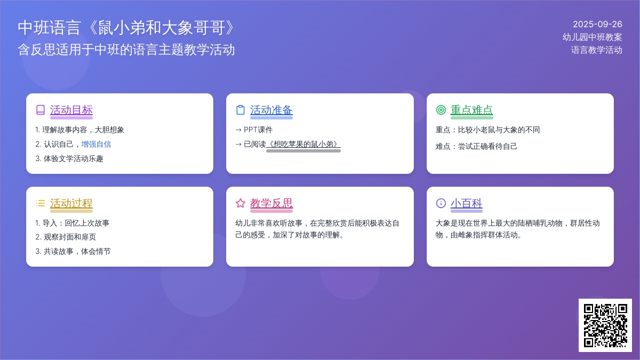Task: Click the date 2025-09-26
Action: click(597, 25)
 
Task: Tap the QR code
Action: click(605, 325)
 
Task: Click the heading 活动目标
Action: click(71, 110)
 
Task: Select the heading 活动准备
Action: click(271, 110)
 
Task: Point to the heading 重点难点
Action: click(471, 110)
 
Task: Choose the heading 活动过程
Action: click(71, 203)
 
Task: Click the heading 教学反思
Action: click(271, 203)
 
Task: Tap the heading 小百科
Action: click(466, 203)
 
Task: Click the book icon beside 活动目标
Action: click(41, 110)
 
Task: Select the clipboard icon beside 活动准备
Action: click(241, 110)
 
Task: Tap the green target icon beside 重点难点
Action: click(441, 110)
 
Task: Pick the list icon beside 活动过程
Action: click(41, 203)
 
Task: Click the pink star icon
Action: click(241, 203)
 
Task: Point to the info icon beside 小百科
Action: click(441, 203)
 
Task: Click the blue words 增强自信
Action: click(96, 145)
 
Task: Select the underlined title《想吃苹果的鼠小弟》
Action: click(303, 145)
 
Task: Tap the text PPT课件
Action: click(258, 130)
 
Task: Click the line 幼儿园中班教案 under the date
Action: click(593, 37)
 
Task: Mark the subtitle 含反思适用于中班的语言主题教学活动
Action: click(126, 50)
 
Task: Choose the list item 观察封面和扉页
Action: click(70, 237)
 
